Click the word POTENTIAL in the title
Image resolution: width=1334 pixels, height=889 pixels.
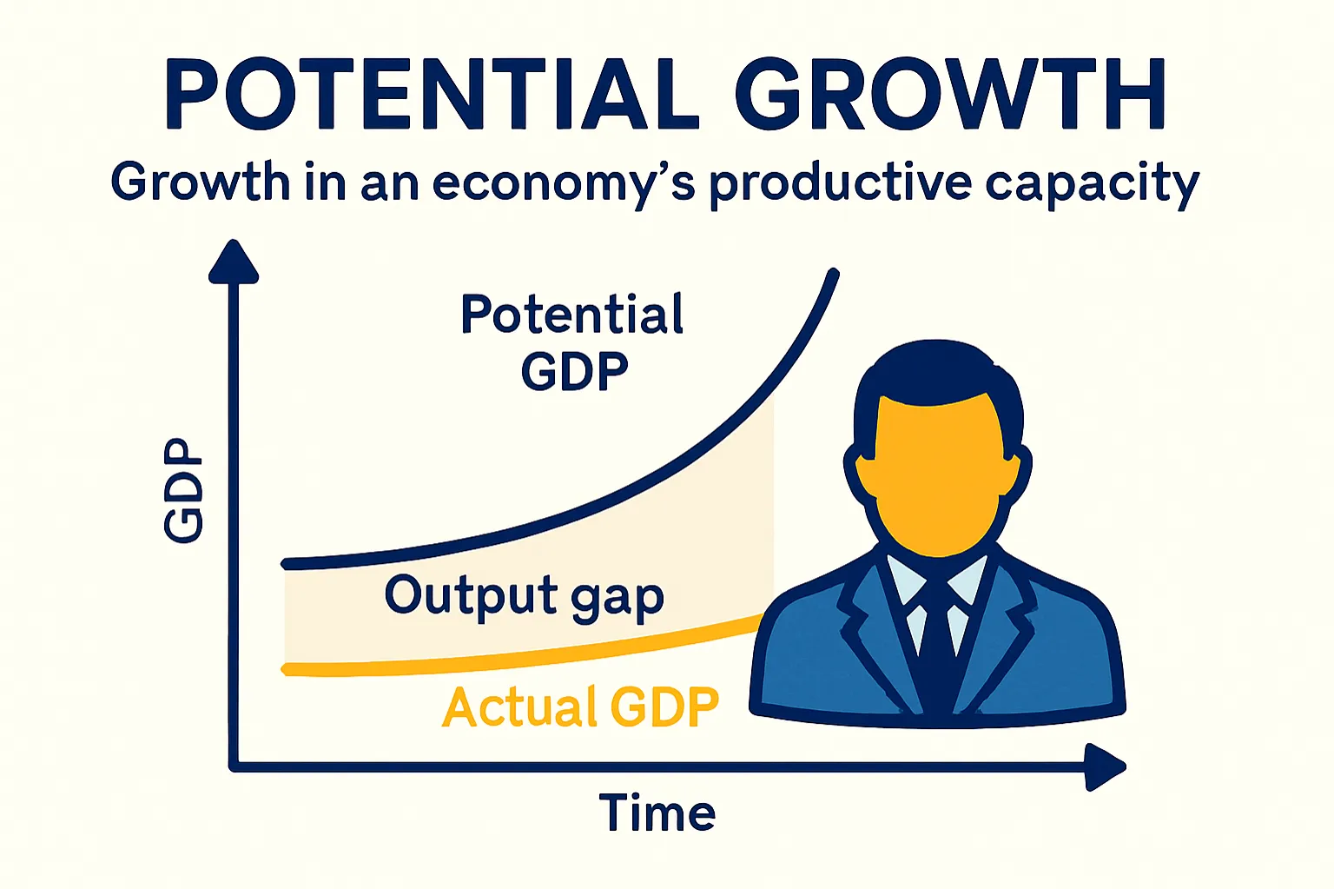pyautogui.click(x=431, y=95)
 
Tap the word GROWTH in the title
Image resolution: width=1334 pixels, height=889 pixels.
pyautogui.click(x=950, y=95)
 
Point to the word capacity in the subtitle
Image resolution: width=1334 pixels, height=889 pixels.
pyautogui.click(x=1092, y=184)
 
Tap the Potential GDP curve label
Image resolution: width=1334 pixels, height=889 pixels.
pyautogui.click(x=572, y=342)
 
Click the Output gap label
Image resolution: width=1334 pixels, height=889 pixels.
pyautogui.click(x=524, y=597)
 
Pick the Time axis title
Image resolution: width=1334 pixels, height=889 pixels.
pyautogui.click(x=657, y=814)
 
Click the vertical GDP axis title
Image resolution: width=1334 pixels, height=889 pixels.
pyautogui.click(x=184, y=490)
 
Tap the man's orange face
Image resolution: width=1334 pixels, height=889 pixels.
pyautogui.click(x=936, y=474)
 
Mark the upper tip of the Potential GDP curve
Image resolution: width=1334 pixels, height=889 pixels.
pyautogui.click(x=834, y=275)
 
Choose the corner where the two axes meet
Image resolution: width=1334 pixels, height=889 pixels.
pyautogui.click(x=234, y=766)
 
